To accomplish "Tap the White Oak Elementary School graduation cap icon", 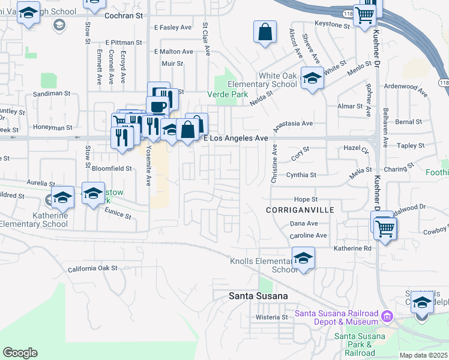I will point(312,79).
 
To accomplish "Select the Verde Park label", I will point(228,94).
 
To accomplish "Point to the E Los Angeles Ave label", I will point(235,138).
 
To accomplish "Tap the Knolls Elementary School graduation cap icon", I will point(304,258).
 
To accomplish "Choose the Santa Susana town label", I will point(259,296).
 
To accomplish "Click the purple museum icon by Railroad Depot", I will point(387,315).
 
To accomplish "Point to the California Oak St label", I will point(93,269).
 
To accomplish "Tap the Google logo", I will point(20,353).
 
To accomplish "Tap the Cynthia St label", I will point(301,175).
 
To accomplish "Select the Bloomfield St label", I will point(113,169).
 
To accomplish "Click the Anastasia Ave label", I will point(294,124).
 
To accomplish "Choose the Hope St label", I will point(305,199).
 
